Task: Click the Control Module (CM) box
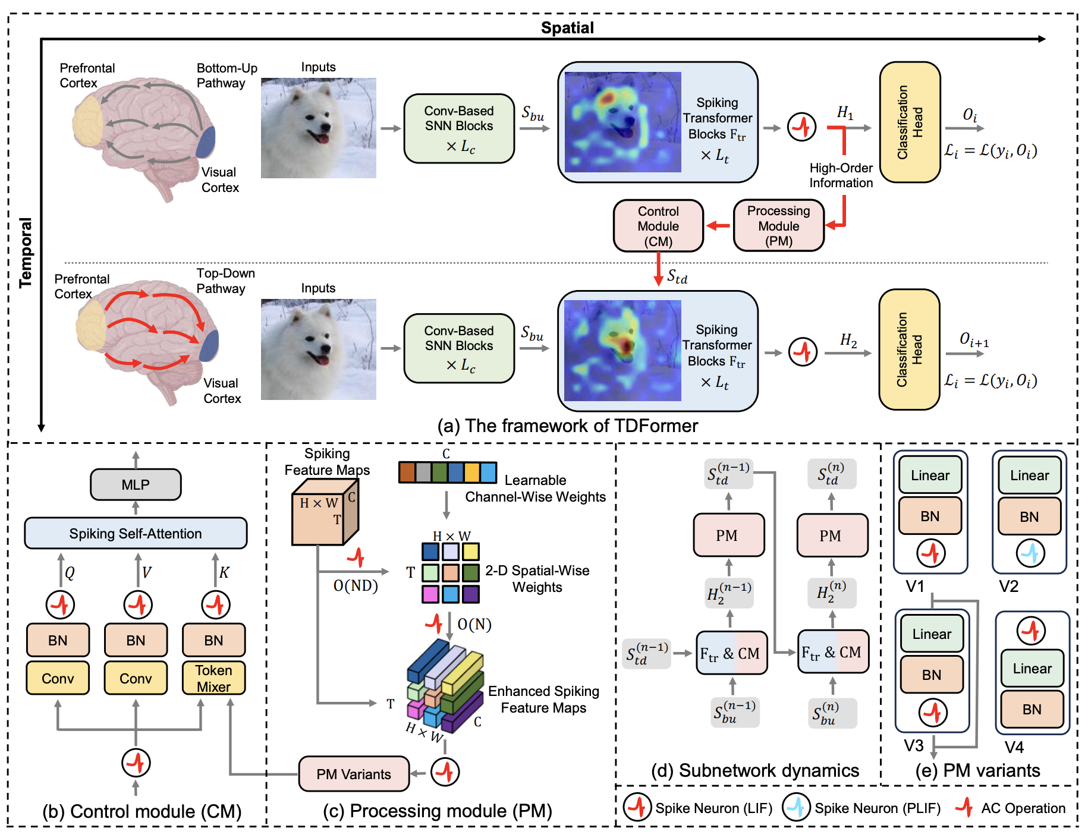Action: (x=658, y=226)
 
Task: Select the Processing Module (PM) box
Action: (x=779, y=226)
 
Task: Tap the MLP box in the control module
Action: (x=136, y=484)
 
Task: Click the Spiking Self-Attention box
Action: (x=136, y=533)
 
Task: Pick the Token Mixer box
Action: (x=213, y=678)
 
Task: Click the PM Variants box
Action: (x=354, y=774)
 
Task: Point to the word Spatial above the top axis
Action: (x=567, y=27)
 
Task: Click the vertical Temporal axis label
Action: (x=26, y=253)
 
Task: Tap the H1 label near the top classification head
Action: (x=845, y=113)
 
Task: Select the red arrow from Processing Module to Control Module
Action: (x=718, y=226)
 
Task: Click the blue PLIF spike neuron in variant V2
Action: (x=1030, y=553)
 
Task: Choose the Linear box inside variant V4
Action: (x=1032, y=669)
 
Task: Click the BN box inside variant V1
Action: (x=930, y=516)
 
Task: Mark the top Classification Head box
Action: (x=910, y=122)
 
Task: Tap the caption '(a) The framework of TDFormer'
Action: (x=568, y=426)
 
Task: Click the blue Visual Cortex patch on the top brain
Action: (x=206, y=142)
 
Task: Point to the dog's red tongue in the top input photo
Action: (x=322, y=138)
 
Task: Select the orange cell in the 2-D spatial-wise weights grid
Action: (x=451, y=573)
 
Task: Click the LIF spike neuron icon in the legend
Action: (x=637, y=807)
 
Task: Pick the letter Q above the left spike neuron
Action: (x=70, y=572)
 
